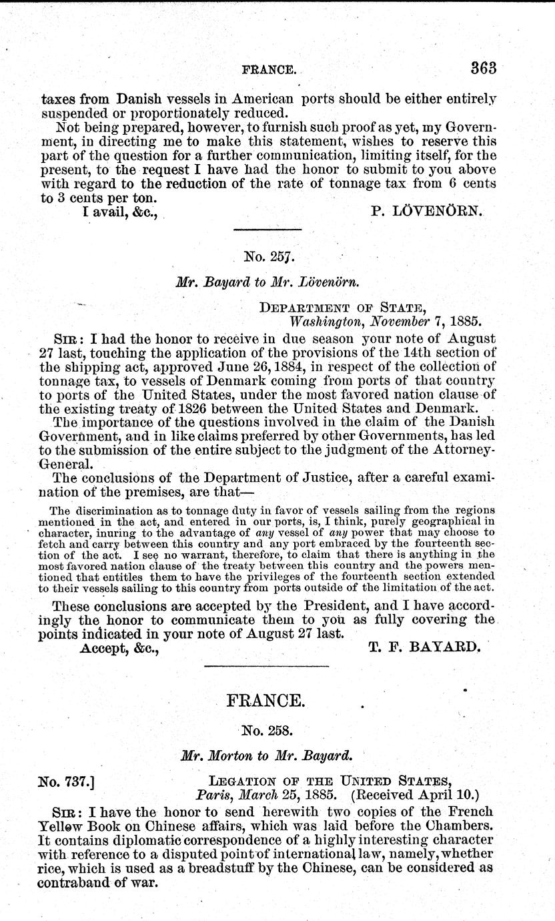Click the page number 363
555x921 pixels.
pos(484,67)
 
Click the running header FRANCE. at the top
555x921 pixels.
pos(270,69)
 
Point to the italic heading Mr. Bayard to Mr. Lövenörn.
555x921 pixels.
pos(268,281)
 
